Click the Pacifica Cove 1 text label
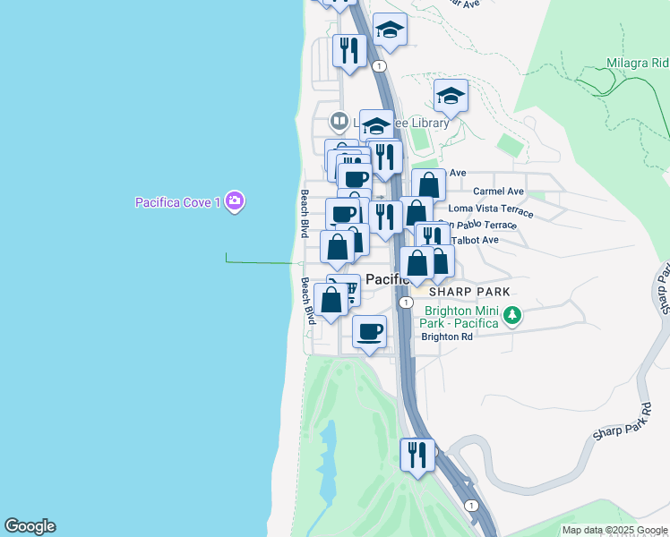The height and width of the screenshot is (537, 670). coord(177,202)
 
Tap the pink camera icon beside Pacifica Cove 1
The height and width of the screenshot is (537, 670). coord(235,201)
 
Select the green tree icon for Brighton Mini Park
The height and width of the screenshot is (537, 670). coord(511,315)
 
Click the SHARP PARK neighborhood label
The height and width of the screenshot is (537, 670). coord(468,292)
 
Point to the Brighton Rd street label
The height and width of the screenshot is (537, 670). coord(446,337)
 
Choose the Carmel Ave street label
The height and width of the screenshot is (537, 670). coord(498,192)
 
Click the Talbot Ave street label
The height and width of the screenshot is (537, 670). coord(478,240)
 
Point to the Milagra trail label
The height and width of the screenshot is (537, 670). coord(637,64)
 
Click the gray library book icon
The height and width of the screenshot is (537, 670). coord(339,120)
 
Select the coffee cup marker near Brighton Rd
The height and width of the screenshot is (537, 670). coord(369,332)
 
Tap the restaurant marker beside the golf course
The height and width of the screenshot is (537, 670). coord(417,455)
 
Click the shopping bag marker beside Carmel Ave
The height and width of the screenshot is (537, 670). coord(429,185)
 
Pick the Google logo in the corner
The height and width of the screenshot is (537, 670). coord(30,526)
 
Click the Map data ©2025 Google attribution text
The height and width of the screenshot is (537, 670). coord(614,530)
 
